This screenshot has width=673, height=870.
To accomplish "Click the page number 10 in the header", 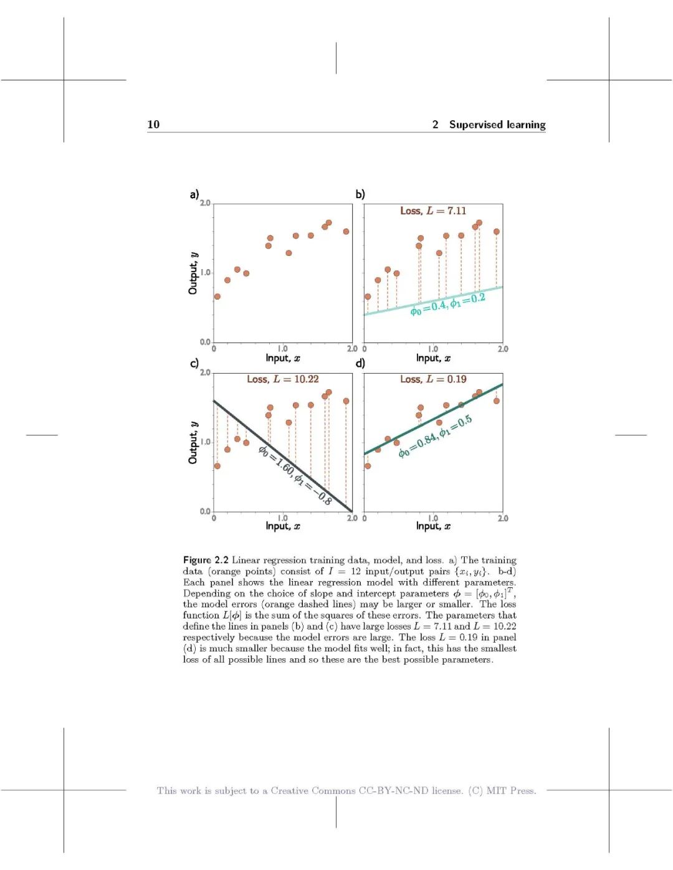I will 153,125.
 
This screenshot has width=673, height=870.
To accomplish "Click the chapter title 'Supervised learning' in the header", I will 497,125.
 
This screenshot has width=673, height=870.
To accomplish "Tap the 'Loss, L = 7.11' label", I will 432,211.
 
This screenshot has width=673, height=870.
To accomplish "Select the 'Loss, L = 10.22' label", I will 282,379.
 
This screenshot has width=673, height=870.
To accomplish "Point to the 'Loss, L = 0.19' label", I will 432,379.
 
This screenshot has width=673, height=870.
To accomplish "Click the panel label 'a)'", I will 194,194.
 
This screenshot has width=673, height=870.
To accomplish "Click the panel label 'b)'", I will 360,194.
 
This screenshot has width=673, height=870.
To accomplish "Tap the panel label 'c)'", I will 194,363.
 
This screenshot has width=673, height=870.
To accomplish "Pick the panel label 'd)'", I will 360,363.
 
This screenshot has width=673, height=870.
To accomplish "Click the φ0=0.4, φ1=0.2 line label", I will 447,304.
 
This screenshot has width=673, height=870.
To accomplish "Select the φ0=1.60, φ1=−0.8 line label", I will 295,475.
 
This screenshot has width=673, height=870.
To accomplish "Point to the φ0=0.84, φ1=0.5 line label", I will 435,437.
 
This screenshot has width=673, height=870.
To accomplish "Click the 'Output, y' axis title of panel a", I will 193,273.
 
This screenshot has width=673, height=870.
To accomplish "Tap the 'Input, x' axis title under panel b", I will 433,358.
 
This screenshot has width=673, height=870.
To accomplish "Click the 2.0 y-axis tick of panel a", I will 205,204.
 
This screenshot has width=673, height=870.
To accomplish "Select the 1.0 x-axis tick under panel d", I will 433,518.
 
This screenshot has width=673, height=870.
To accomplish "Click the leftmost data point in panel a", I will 217,296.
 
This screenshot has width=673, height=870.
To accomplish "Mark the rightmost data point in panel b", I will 497,232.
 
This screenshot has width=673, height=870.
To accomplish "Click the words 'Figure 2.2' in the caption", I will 206,560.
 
